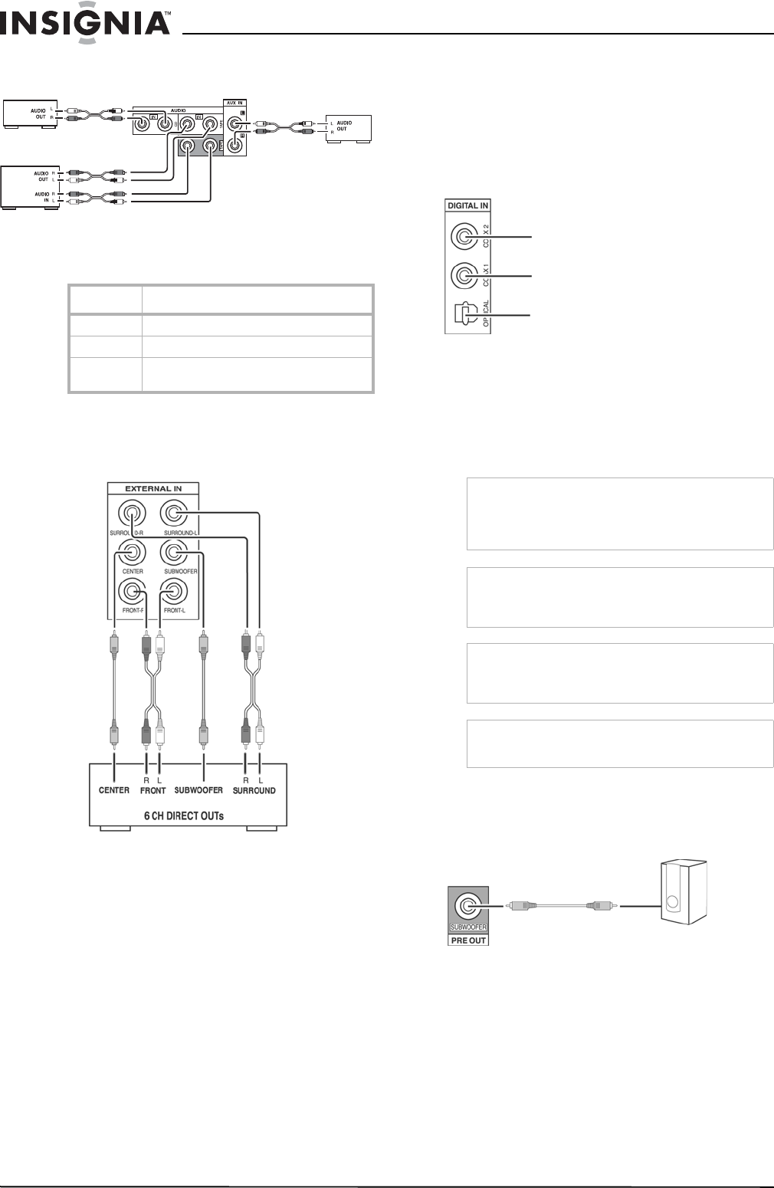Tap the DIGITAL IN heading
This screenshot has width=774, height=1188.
[467, 205]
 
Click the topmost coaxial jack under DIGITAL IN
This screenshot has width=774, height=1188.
[463, 238]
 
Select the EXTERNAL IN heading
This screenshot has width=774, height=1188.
[153, 487]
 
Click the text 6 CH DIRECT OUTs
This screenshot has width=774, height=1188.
[185, 816]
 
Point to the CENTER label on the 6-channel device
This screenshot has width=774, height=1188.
[113, 790]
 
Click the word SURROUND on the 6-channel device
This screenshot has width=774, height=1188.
[255, 790]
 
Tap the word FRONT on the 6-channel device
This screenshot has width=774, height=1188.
[153, 790]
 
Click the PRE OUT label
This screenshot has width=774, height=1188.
[468, 940]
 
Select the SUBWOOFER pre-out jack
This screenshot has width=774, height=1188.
[467, 907]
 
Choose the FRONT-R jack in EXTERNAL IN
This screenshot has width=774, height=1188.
[133, 592]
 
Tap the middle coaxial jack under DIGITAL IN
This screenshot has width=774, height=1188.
[463, 274]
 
